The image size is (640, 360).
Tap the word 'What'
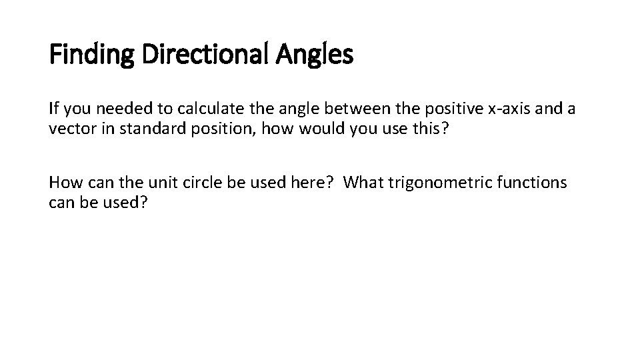[366, 182]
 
